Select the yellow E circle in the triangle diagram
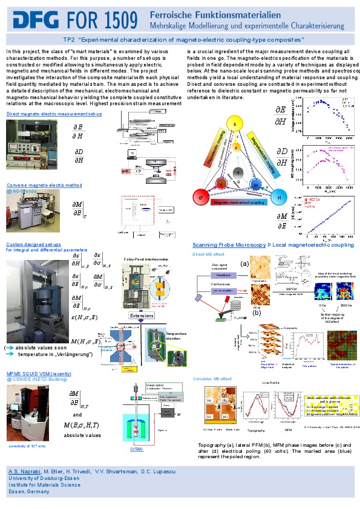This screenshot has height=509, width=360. (235, 124)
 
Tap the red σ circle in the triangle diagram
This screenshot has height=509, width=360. (197, 198)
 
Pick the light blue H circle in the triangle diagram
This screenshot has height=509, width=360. (279, 198)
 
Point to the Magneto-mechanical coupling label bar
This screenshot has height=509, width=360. (238, 203)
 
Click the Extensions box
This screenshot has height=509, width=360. (142, 315)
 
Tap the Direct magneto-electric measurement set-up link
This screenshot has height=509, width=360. (45, 114)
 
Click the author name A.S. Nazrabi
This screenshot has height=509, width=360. (24, 471)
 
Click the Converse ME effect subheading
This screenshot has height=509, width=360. (212, 378)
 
